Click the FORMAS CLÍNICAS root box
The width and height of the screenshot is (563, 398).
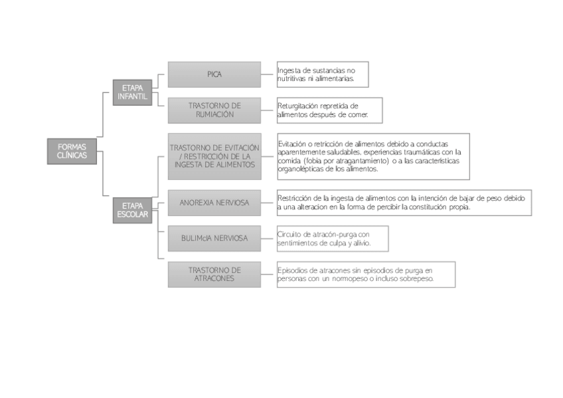pos(72,151)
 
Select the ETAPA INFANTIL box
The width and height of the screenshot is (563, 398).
pos(132,92)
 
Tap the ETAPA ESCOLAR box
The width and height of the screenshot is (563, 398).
pos(132,211)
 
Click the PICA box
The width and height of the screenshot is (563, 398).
pos(214,74)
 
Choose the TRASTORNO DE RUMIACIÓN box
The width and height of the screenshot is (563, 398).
pos(214,110)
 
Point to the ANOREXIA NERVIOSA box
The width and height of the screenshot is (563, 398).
pos(214,203)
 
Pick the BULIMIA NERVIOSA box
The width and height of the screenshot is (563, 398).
pos(214,238)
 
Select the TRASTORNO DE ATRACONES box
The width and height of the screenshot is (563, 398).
pos(214,274)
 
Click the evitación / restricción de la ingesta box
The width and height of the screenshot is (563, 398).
pos(214,156)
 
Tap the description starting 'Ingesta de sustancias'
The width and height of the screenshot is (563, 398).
pos(322,74)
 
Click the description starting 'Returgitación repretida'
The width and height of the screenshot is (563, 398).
pos(329,110)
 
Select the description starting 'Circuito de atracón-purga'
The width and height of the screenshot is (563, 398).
pos(332,239)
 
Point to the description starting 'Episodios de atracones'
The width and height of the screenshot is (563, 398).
pos(366,274)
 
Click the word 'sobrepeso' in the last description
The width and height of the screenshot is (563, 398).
pos(417,279)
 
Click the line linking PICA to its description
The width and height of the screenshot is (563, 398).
pos(269,74)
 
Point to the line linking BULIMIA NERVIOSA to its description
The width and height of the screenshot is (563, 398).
pos(269,238)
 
